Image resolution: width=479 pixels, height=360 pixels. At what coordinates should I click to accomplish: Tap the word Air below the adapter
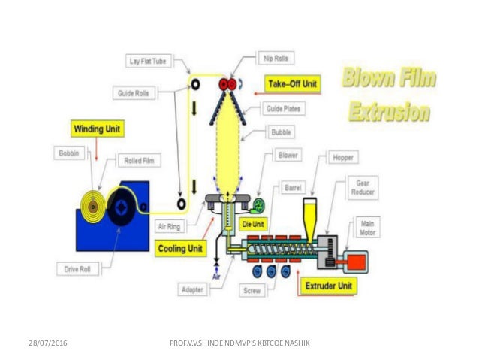(215, 276)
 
